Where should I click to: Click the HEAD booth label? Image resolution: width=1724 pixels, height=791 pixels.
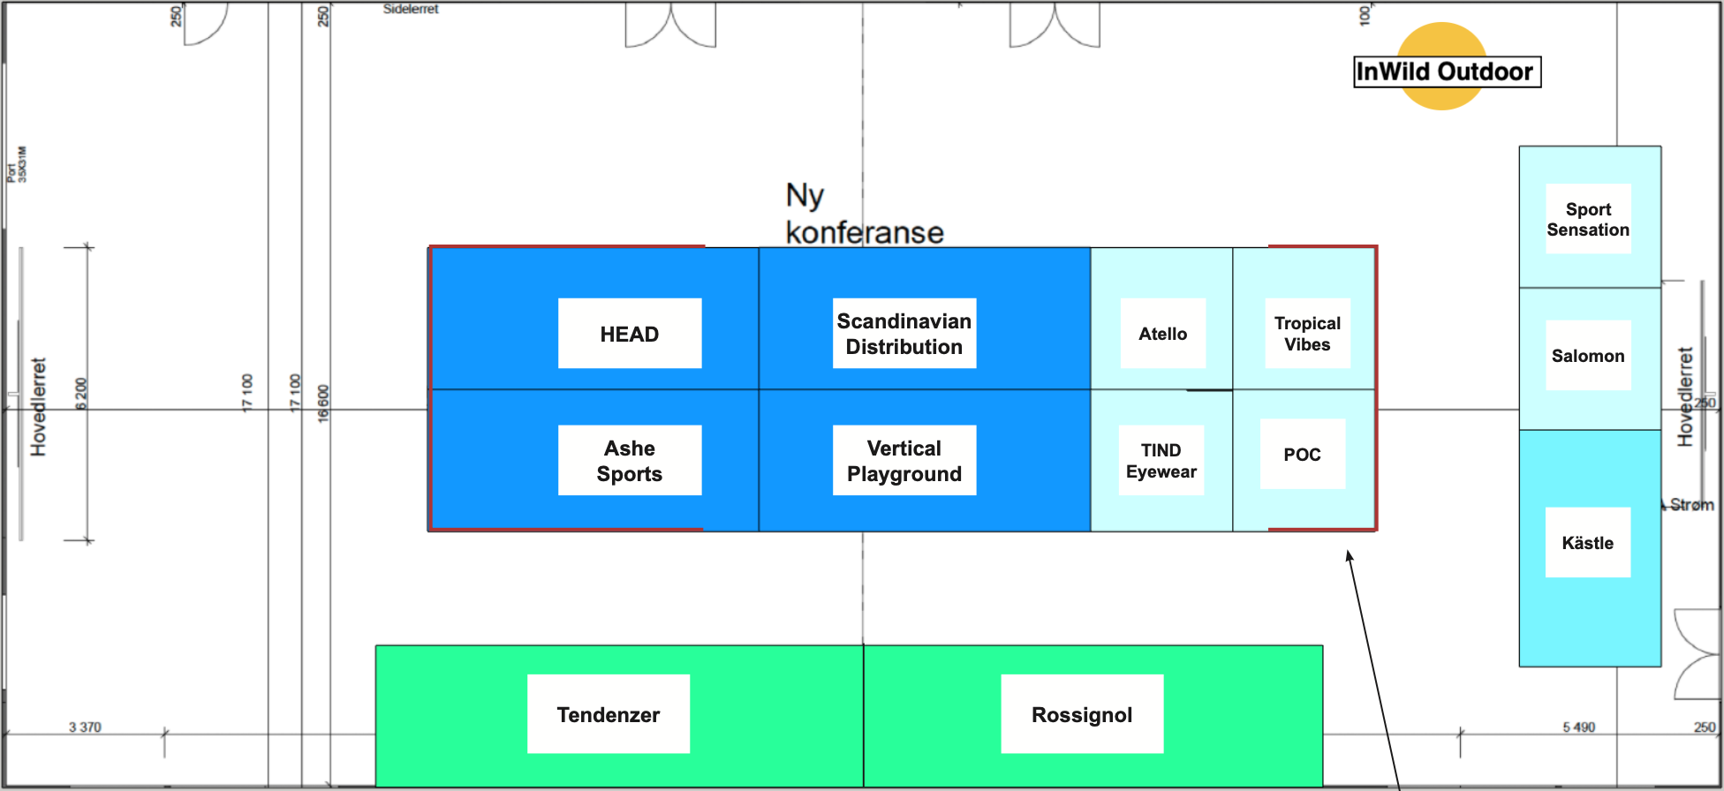pos(630,334)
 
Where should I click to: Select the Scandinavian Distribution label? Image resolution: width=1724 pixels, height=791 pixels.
pos(904,334)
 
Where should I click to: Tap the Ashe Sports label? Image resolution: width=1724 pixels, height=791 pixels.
pos(630,461)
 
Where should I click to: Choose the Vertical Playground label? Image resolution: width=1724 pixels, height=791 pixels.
pos(904,461)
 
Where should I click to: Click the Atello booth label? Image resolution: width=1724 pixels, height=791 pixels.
pos(1162,334)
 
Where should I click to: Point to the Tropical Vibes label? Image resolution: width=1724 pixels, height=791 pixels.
pos(1307,334)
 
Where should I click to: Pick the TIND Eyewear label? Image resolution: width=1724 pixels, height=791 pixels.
pos(1161,461)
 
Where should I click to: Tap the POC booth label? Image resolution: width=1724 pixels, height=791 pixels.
pos(1302,455)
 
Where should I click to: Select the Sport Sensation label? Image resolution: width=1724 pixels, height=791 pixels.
pos(1588,220)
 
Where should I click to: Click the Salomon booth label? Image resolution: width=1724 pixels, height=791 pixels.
pos(1588,356)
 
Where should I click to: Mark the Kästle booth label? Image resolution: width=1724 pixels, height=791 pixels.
pos(1587,543)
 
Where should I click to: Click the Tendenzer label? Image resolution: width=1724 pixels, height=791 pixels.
pos(609,715)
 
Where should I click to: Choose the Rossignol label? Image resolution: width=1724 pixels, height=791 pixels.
pos(1082,715)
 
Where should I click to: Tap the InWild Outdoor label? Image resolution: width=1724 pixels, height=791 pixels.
pos(1447,72)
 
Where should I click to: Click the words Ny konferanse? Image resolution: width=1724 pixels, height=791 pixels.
pos(863,215)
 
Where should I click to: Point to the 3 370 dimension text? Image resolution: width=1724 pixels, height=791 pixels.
pos(85,727)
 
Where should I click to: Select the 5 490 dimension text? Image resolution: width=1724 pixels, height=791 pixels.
pos(1578,727)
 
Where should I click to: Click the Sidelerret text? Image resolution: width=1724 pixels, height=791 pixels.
pos(411,9)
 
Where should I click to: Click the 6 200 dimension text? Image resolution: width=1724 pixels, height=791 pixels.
pos(81,394)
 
